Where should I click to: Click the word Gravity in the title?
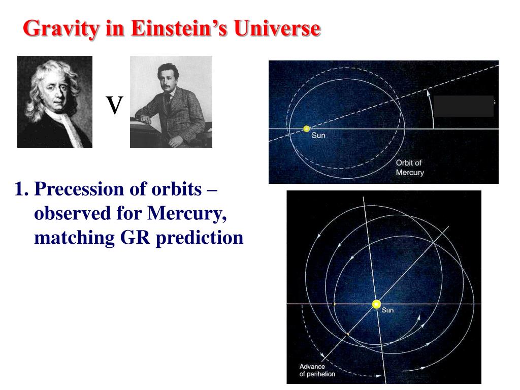point(61,29)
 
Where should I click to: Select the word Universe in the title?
point(277,28)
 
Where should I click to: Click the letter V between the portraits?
point(114,105)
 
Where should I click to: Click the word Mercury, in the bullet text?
point(187,214)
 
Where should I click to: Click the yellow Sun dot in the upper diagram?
point(306,128)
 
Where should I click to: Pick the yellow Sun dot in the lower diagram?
point(376,304)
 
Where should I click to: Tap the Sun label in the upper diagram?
point(318,135)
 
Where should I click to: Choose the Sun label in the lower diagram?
point(387,310)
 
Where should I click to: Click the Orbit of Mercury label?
point(410,168)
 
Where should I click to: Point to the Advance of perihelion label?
point(317,370)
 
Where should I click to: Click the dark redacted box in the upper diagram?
point(464,106)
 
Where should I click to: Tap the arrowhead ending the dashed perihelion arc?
point(377,376)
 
